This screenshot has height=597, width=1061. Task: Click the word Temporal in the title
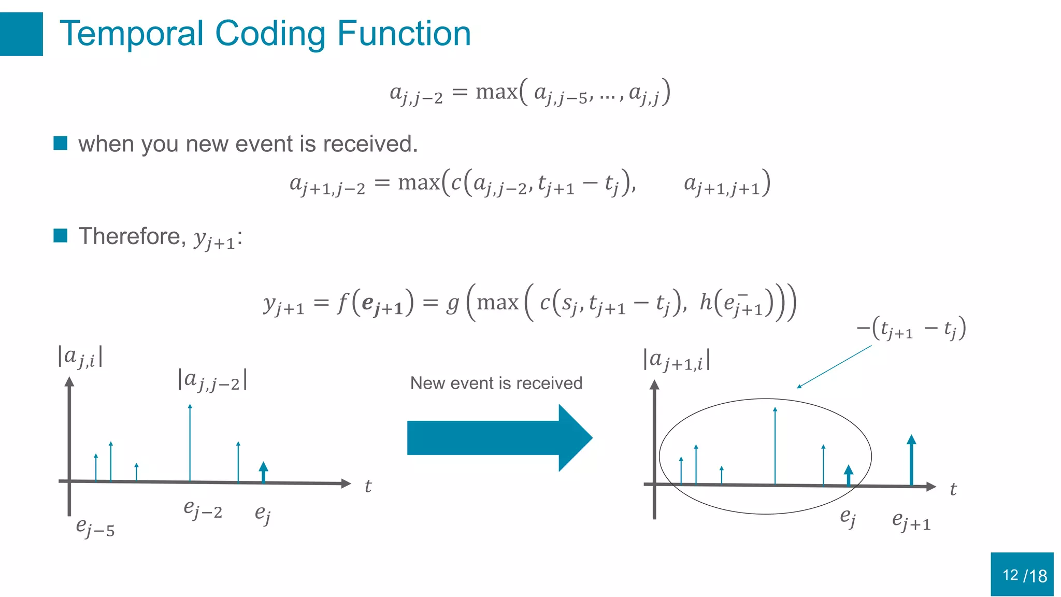(x=131, y=34)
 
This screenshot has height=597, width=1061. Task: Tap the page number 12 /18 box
(x=1022, y=574)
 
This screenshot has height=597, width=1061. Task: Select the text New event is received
(x=496, y=383)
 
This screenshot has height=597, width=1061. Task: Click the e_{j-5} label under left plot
(x=95, y=527)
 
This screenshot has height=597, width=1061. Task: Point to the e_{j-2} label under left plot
(x=203, y=509)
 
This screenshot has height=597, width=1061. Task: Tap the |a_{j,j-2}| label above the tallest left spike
(x=212, y=380)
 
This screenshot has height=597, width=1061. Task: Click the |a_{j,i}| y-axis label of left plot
(x=80, y=357)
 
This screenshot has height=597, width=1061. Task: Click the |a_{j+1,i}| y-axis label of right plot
(x=676, y=360)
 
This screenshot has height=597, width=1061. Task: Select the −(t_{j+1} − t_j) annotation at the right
(x=911, y=329)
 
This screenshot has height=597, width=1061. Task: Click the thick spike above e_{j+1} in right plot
(x=911, y=461)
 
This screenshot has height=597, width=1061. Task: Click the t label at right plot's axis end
(x=953, y=489)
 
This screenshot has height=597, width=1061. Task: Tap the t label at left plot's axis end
(x=368, y=486)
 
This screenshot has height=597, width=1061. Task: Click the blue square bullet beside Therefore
(x=61, y=235)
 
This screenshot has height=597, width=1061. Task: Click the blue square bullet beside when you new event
(x=61, y=143)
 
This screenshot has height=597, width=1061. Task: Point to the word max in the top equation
(x=496, y=92)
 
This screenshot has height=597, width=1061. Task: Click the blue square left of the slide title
(x=21, y=34)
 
